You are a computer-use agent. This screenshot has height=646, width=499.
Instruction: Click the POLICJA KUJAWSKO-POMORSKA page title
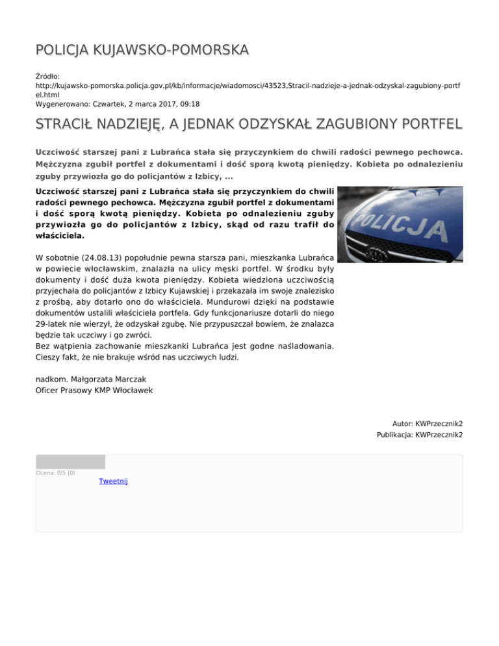click(142, 50)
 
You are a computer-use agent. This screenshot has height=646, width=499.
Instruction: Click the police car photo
click(400, 225)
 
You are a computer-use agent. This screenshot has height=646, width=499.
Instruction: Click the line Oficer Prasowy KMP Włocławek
click(94, 390)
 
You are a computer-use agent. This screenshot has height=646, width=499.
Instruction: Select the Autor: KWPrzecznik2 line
click(428, 424)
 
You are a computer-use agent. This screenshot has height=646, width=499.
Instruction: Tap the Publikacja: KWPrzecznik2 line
click(420, 435)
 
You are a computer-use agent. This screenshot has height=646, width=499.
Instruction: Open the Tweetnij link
click(113, 482)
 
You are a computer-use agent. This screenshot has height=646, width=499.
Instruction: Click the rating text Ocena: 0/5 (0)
click(55, 472)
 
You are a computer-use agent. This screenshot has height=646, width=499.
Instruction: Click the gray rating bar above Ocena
click(70, 461)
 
